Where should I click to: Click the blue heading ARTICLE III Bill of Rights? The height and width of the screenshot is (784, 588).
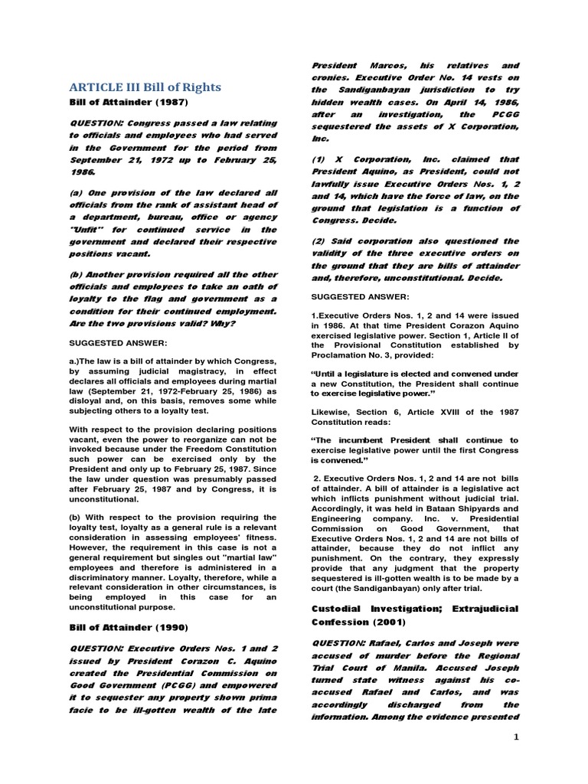click(145, 87)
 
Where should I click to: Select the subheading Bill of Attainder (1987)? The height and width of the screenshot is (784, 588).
click(129, 102)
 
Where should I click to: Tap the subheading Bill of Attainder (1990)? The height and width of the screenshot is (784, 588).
click(129, 627)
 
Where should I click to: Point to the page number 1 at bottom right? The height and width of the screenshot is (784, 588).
click(516, 737)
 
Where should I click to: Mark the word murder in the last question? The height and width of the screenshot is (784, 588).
click(387, 655)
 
